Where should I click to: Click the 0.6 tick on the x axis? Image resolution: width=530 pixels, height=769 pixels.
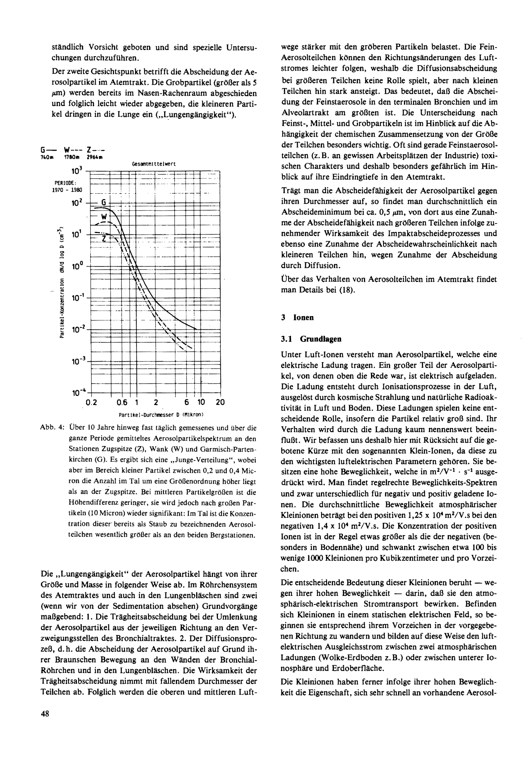[x=122, y=402]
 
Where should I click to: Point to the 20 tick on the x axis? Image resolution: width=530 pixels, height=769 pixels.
[x=220, y=402]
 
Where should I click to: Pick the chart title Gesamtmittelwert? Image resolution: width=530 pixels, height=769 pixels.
[x=154, y=164]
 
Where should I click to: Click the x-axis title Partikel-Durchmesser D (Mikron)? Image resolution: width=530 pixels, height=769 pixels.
[x=161, y=415]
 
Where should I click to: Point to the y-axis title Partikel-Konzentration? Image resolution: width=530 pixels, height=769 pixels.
[x=61, y=282]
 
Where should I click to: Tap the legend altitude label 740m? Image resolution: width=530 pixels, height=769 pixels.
[x=45, y=157]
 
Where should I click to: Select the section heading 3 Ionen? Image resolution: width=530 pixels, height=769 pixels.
[x=297, y=317]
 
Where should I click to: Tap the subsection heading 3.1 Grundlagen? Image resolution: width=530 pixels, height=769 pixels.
[x=311, y=339]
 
